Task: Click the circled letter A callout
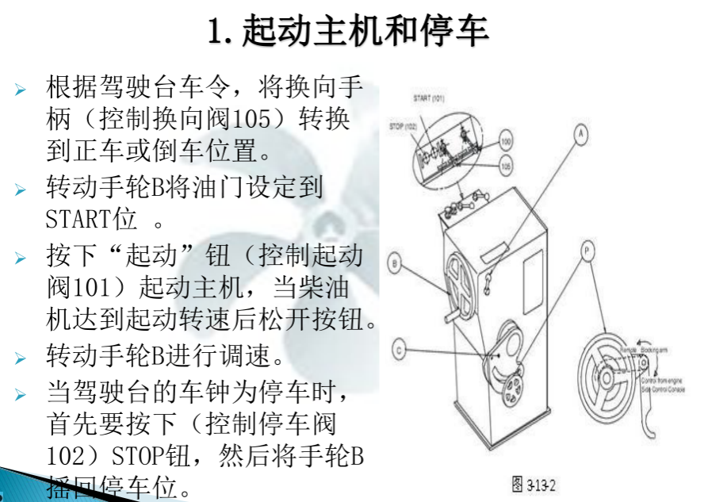click(x=581, y=134)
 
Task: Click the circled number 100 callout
click(x=507, y=143)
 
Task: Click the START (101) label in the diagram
click(x=429, y=98)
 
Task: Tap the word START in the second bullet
click(x=76, y=217)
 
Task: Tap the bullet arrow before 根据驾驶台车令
click(x=21, y=88)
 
